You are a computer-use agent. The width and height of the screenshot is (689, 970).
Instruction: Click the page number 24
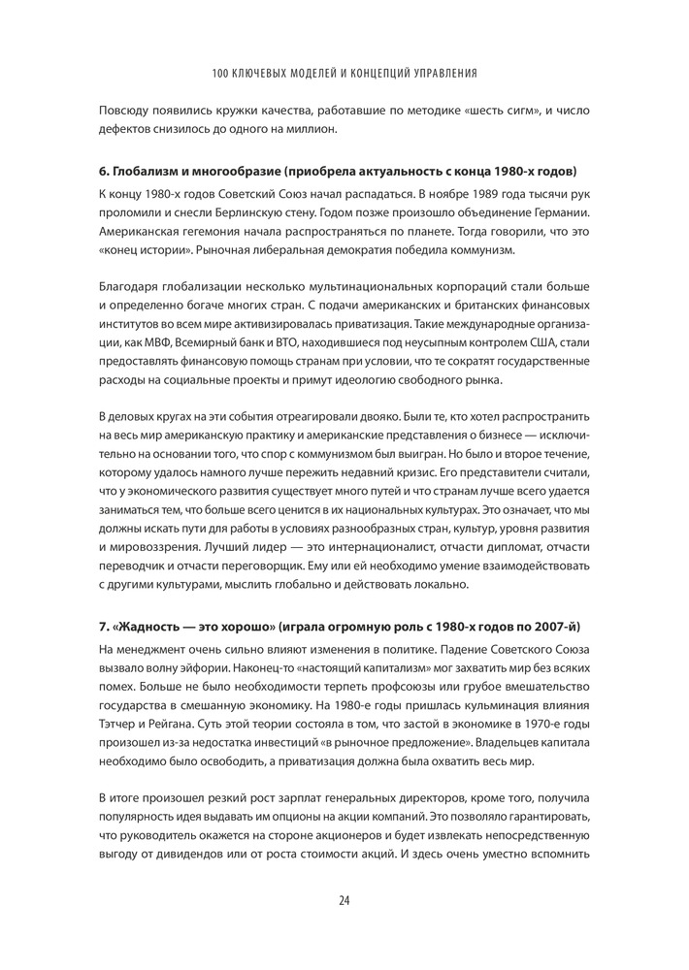(344, 899)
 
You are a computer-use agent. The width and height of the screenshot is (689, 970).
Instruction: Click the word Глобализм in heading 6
(152, 171)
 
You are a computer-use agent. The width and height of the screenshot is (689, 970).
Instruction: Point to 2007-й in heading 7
(555, 621)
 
